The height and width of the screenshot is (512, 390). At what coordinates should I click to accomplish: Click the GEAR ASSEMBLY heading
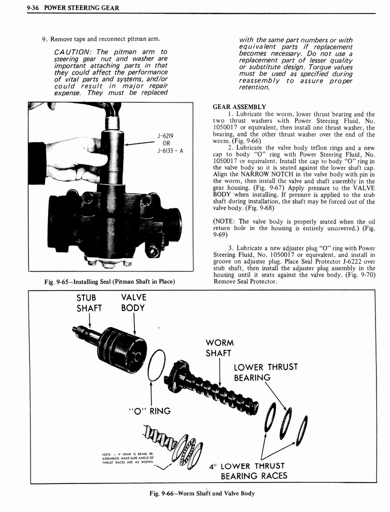click(x=239, y=107)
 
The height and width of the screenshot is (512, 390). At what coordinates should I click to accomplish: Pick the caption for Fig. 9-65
click(x=109, y=281)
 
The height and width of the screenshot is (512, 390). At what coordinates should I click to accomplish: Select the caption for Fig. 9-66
click(x=201, y=493)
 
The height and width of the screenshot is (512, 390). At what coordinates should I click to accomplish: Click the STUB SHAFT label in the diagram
click(x=88, y=302)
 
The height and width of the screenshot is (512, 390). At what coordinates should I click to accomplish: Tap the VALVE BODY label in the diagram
click(x=133, y=302)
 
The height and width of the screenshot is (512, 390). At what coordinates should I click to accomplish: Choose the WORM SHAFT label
click(x=219, y=348)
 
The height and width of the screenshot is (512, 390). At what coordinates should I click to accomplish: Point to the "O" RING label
click(x=150, y=411)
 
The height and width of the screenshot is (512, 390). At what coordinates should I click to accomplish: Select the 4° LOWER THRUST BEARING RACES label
click(x=253, y=471)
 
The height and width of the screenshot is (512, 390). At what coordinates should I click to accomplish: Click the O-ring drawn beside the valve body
click(x=156, y=365)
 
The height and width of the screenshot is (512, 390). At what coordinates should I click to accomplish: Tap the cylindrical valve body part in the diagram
click(x=122, y=349)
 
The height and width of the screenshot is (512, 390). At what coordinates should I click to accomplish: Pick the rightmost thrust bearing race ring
click(x=301, y=430)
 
